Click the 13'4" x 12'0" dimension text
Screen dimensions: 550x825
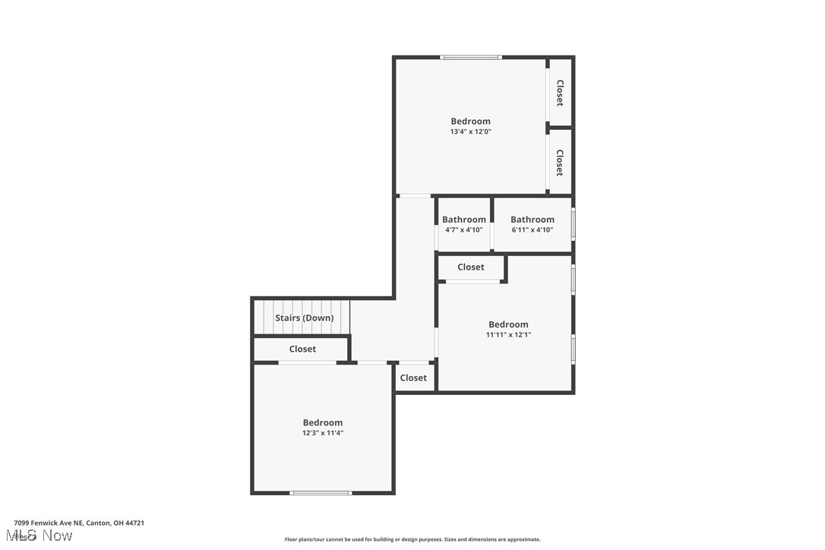click(470, 131)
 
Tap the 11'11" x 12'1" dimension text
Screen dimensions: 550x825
click(508, 334)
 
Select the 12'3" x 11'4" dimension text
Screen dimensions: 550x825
click(323, 433)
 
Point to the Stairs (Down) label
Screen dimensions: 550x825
click(304, 318)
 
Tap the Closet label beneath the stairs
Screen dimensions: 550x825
click(302, 349)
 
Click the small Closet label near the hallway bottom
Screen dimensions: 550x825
click(413, 378)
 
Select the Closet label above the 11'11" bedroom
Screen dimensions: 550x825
click(471, 267)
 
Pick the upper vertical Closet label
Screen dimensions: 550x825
click(560, 93)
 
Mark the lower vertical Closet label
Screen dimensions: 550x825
click(560, 163)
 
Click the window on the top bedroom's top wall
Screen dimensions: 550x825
click(471, 57)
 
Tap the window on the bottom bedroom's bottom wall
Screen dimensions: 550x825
click(321, 493)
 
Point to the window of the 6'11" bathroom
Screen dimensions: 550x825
click(574, 224)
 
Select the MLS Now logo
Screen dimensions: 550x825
click(43, 536)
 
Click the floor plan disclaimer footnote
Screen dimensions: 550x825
click(412, 539)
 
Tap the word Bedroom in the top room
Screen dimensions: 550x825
click(470, 122)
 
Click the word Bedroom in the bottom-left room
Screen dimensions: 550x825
click(323, 423)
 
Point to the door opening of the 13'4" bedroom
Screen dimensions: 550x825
click(415, 196)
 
